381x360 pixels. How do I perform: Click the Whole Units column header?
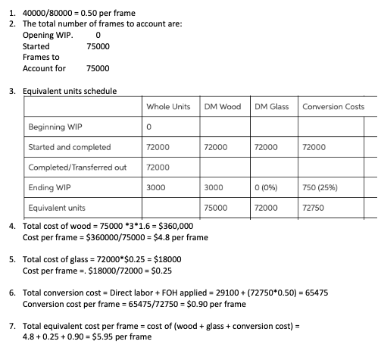coord(167,107)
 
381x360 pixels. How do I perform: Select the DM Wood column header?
coord(222,107)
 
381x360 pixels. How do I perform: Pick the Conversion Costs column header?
coord(333,107)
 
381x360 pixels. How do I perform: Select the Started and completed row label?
coord(69,146)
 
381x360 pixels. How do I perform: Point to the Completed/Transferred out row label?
coord(77,166)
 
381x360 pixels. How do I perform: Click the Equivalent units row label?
coord(57,205)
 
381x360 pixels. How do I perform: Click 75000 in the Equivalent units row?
coord(216,205)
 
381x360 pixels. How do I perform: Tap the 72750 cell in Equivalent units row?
coord(314,205)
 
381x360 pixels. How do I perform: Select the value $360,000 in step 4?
coord(175,226)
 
